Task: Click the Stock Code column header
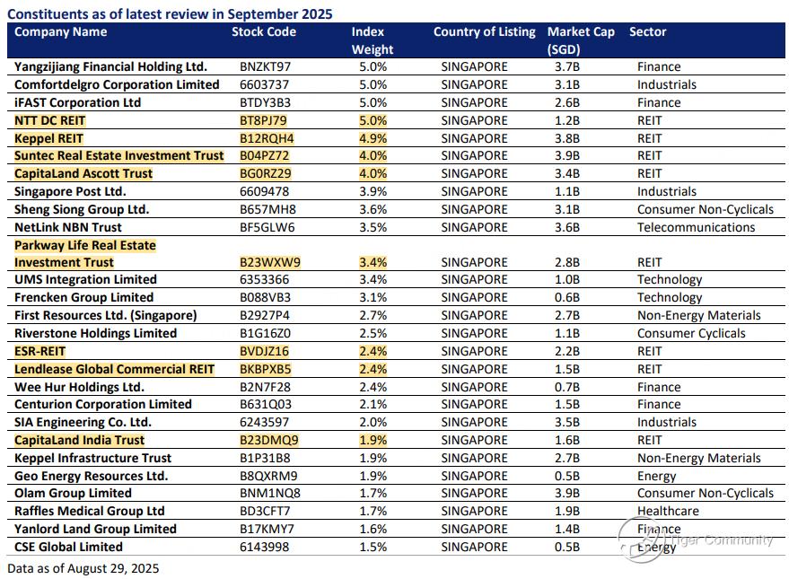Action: pos(264,31)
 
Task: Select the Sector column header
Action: pos(647,31)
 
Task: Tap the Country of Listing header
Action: pos(485,31)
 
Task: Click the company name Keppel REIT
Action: pos(48,138)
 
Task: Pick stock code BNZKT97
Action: pos(265,67)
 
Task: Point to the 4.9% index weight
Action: pos(373,138)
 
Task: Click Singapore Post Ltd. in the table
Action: pos(70,192)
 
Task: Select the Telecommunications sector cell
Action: pos(696,227)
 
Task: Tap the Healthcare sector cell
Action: pos(668,511)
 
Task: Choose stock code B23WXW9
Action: pos(270,263)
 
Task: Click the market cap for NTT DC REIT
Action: pos(567,120)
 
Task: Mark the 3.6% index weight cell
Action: pos(373,209)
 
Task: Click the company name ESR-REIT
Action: pos(39,351)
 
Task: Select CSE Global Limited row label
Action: pos(68,547)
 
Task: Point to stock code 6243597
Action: pos(264,422)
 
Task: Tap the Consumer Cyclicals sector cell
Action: pos(691,334)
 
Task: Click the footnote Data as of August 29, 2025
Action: pos(83,568)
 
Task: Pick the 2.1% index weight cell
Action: pos(373,405)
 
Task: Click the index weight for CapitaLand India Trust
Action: pos(373,440)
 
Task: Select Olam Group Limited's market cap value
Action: pos(567,493)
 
